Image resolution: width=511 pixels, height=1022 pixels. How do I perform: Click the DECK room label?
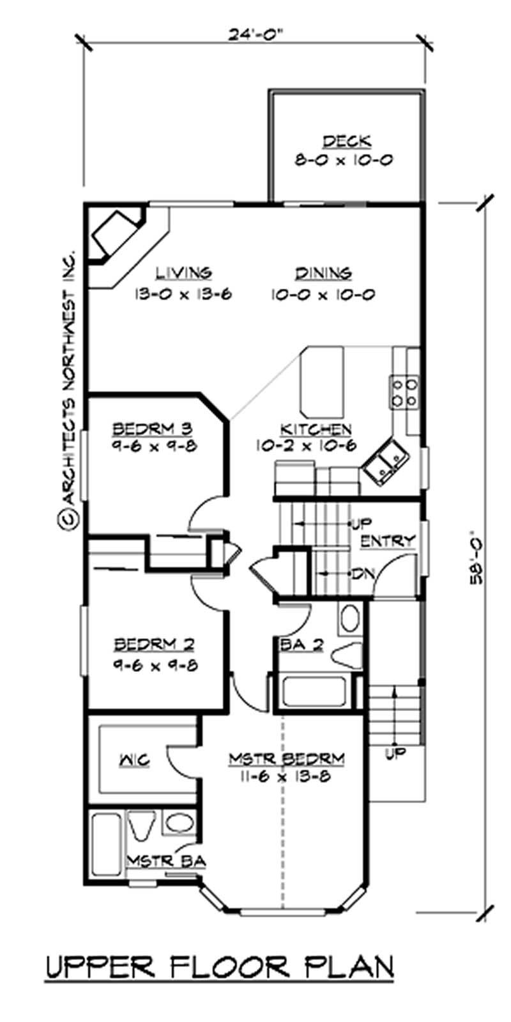point(346,141)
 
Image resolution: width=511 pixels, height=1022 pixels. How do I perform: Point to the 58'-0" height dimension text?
point(476,556)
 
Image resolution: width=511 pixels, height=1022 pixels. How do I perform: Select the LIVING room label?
point(185,273)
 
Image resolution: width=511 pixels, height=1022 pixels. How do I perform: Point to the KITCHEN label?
point(315,429)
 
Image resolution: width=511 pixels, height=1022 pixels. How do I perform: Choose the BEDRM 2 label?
point(155,644)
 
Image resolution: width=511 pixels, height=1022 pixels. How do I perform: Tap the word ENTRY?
point(388,542)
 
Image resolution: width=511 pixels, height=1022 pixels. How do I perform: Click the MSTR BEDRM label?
point(287,758)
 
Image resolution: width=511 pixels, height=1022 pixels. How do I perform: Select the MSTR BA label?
point(166,861)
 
